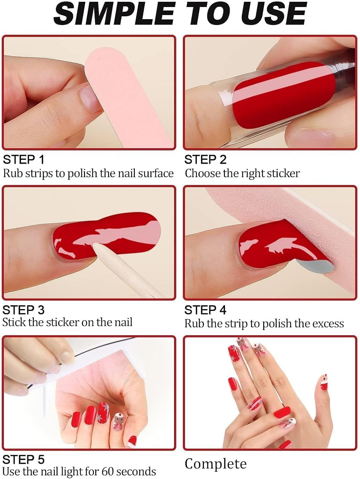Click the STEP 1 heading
click(24, 159)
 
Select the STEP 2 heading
click(205, 159)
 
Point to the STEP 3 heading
click(24, 310)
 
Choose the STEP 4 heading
click(205, 310)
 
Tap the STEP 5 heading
click(24, 460)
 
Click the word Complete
click(216, 464)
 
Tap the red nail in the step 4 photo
click(275, 249)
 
